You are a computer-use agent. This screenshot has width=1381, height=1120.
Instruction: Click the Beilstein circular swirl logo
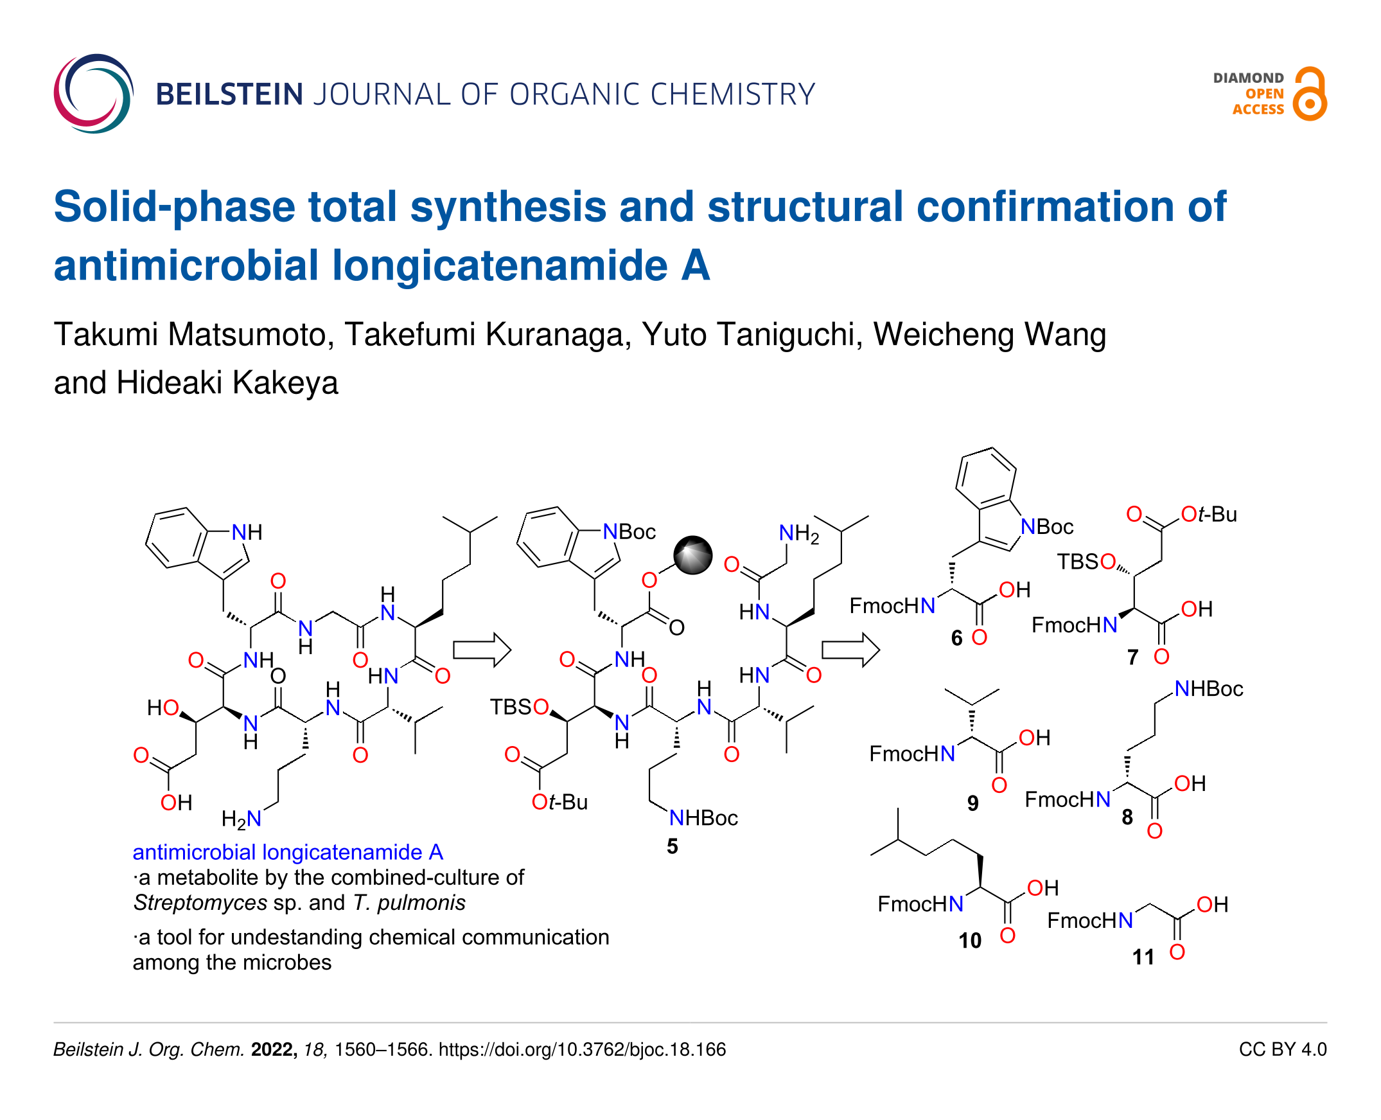pyautogui.click(x=94, y=94)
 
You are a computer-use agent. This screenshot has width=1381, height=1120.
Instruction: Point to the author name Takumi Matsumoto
pyautogui.click(x=193, y=334)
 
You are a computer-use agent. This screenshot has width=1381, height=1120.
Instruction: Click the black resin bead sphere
pyautogui.click(x=692, y=555)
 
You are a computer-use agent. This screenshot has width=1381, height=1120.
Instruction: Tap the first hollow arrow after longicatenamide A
pyautogui.click(x=481, y=650)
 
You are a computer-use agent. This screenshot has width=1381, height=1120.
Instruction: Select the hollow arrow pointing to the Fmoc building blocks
pyautogui.click(x=850, y=650)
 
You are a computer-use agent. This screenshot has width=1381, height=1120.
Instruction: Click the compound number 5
pyautogui.click(x=672, y=846)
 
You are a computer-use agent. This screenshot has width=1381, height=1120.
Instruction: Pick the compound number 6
pyautogui.click(x=956, y=638)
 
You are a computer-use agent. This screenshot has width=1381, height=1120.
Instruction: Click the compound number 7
pyautogui.click(x=1132, y=657)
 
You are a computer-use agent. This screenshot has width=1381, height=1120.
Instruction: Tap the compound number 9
pyautogui.click(x=972, y=803)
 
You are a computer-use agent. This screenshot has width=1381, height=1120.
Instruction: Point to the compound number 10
pyautogui.click(x=969, y=941)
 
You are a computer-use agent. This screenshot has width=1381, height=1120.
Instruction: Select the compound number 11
pyautogui.click(x=1143, y=957)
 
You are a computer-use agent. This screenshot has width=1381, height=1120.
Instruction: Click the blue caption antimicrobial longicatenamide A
pyautogui.click(x=288, y=852)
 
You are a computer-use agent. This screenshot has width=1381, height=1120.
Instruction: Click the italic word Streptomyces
pyautogui.click(x=200, y=903)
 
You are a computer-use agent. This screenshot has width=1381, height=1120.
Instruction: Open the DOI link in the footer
pyautogui.click(x=582, y=1050)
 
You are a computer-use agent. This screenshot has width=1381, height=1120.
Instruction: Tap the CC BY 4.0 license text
pyautogui.click(x=1282, y=1050)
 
